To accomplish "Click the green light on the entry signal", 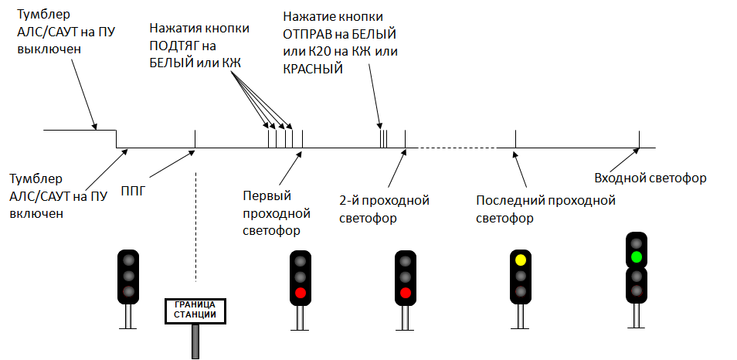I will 637,256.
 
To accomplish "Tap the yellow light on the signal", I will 520,260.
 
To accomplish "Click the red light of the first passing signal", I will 301,293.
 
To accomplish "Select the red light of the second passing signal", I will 405,293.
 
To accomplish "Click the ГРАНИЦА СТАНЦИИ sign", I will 195,310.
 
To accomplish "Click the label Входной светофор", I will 650,178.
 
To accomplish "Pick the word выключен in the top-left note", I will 48,49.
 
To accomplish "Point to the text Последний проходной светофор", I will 545,209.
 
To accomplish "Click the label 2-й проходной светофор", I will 384,209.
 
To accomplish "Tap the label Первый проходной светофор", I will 276,212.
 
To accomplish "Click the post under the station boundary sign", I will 195,341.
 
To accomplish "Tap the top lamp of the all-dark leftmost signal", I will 128,260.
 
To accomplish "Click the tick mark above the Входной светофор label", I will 640,139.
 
